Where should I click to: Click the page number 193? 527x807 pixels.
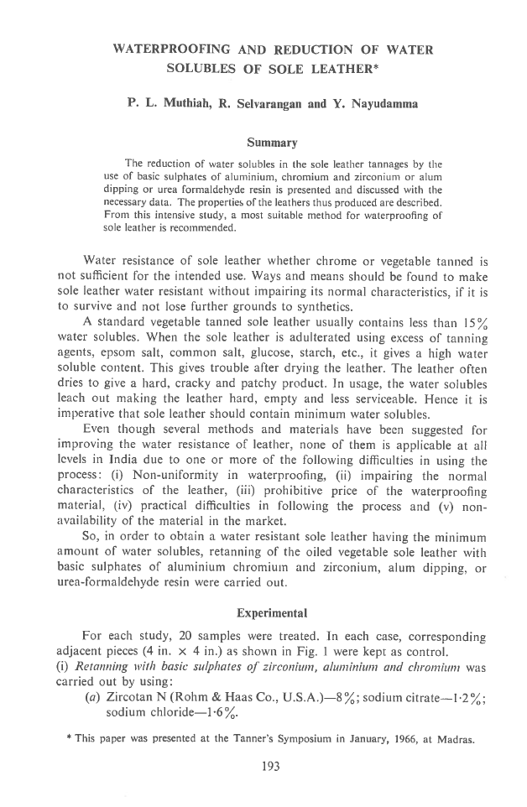[x=263, y=764]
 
